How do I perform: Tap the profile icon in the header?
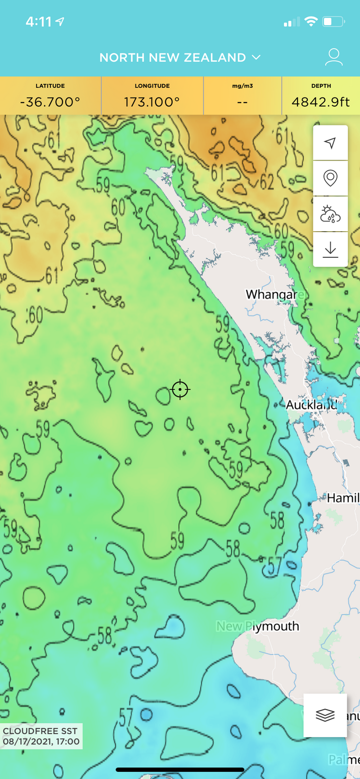[x=333, y=57]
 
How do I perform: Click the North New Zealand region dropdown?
[x=180, y=58]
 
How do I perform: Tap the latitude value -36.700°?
[x=50, y=102]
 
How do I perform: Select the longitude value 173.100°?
[x=152, y=102]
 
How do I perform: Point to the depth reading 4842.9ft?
[x=320, y=102]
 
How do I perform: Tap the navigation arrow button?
[x=330, y=143]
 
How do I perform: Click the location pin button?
[x=330, y=178]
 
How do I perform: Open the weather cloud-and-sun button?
[x=330, y=214]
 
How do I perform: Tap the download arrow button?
[x=330, y=249]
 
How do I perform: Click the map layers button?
[x=325, y=715]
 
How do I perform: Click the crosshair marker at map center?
[x=180, y=389]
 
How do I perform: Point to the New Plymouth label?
[x=258, y=626]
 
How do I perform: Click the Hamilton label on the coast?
[x=343, y=498]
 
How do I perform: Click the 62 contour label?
[x=267, y=182]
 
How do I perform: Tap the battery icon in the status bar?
[x=333, y=22]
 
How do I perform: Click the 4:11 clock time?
[x=39, y=22]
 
